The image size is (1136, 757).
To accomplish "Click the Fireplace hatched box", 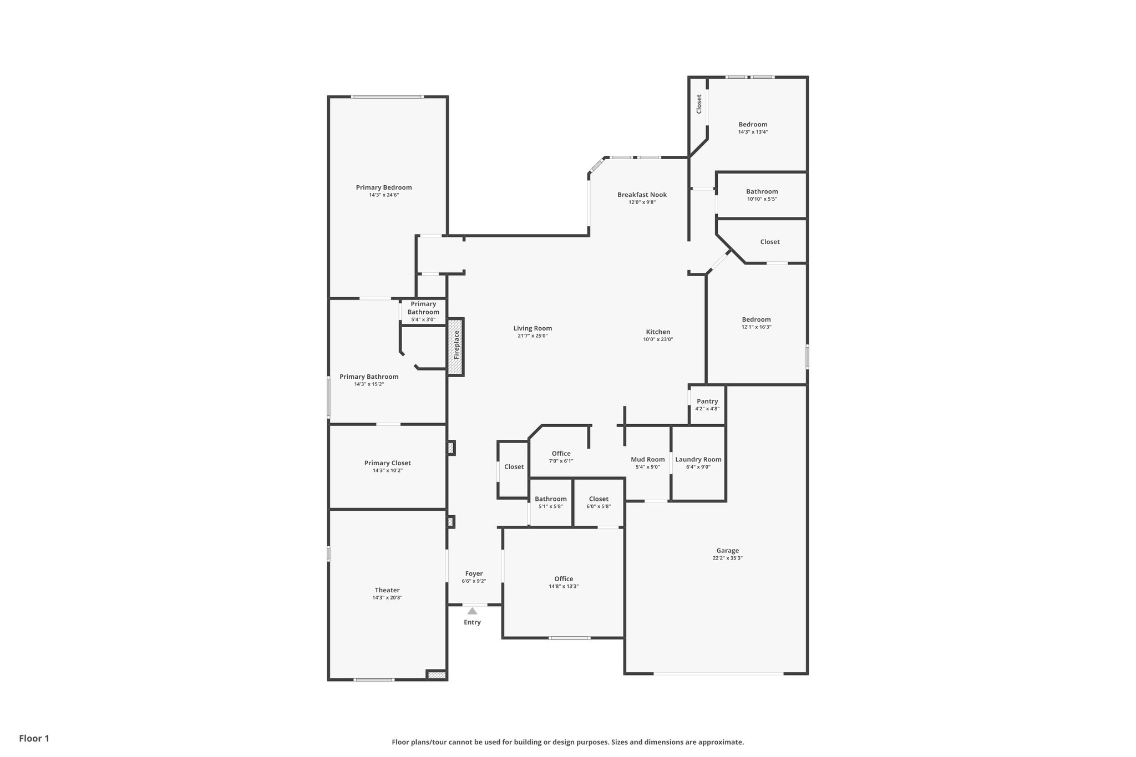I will (455, 347).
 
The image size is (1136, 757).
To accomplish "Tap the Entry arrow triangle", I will (472, 611).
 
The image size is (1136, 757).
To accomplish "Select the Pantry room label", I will (707, 401).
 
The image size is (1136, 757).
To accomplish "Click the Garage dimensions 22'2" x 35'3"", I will (727, 558).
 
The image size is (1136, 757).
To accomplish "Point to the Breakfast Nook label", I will (642, 195).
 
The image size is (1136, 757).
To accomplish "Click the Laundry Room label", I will (698, 459).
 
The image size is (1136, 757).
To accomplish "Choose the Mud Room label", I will (647, 459).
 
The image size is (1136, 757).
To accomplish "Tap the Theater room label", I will (387, 590).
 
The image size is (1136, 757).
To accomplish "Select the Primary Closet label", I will (387, 463).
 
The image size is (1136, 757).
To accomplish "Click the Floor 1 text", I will (34, 738).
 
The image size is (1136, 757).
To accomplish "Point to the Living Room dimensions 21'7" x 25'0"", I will (532, 336).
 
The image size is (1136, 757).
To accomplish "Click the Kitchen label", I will (658, 332).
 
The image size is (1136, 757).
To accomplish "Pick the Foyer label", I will (474, 573).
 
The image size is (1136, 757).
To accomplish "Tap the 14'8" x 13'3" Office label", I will (564, 578).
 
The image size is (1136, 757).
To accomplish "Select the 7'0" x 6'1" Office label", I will (561, 454).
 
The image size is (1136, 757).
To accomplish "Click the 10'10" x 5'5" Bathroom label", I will (762, 191).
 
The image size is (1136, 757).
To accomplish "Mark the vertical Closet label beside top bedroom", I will (699, 104).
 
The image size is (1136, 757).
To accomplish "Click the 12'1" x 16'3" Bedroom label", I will (756, 319).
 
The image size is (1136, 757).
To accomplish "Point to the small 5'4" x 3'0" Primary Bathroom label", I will (423, 308).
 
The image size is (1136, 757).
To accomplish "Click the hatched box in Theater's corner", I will (437, 675).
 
